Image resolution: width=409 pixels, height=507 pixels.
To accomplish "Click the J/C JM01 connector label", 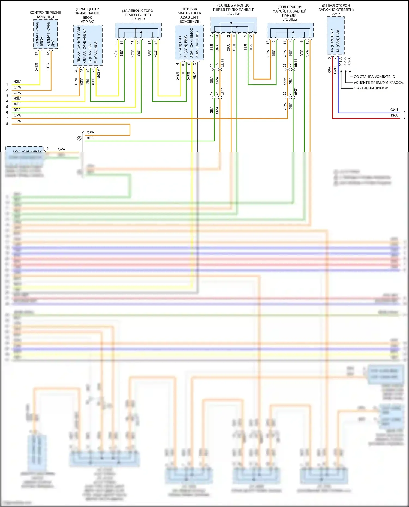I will (138, 19).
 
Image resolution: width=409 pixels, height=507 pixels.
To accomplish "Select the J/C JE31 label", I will (234, 14).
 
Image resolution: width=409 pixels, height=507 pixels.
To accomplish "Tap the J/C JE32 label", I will (290, 20).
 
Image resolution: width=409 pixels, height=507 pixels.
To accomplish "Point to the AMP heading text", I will (336, 14).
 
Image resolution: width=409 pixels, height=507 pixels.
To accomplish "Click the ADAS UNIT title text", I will (189, 17).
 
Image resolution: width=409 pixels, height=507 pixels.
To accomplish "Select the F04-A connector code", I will (341, 62).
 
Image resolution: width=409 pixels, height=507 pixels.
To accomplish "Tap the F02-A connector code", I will (349, 62).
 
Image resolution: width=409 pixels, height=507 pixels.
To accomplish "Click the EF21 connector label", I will (296, 92).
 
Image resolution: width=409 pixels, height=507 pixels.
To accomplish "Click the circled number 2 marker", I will (79, 138).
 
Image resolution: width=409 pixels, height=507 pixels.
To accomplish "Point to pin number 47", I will (211, 93).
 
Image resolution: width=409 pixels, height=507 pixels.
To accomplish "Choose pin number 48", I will (217, 93).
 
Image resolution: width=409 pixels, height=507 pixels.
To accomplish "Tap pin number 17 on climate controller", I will (37, 53).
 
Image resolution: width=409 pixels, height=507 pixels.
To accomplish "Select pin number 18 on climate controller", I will (48, 53).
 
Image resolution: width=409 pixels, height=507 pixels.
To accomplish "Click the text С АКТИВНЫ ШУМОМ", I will (371, 88).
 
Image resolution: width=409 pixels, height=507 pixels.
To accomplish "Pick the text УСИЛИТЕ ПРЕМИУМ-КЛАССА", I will (379, 83).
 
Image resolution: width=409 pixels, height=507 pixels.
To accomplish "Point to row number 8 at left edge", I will (7, 124).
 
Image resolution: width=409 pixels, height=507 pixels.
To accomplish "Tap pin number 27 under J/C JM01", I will (155, 43).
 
